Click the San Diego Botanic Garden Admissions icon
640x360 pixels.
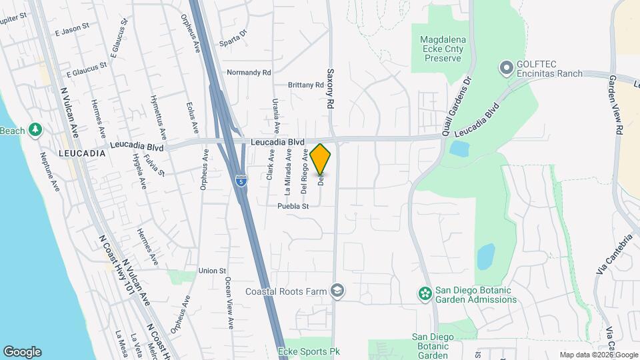pos(424,293)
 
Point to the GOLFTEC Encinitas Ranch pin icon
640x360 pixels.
pos(506,67)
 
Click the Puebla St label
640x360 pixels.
pos(294,206)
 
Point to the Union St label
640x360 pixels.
pos(213,271)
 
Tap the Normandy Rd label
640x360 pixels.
pos(249,72)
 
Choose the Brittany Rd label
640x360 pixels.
pos(305,85)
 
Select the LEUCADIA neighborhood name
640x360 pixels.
pos(82,153)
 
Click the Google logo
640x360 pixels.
pos(22,352)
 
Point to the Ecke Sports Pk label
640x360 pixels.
pos(303,351)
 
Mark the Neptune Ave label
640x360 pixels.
pos(50,171)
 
